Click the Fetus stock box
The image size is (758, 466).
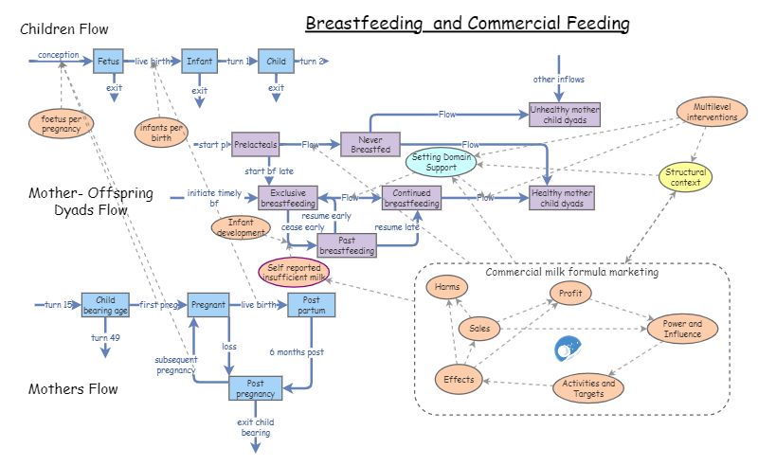[x=108, y=62]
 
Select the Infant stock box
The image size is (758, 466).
[x=199, y=62]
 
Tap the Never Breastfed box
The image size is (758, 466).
[x=370, y=144]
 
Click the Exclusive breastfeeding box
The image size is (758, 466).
[x=288, y=198]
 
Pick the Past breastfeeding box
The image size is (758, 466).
[x=347, y=245]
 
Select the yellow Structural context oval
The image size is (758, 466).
[x=685, y=176]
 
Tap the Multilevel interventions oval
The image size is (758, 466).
[x=709, y=113]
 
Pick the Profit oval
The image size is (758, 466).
[x=570, y=294]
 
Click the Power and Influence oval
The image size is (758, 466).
[x=681, y=329]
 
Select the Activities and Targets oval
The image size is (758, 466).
[x=588, y=388]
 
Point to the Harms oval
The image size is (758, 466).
[x=446, y=287]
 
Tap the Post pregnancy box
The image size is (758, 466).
[x=256, y=387]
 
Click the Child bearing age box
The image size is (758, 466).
[x=105, y=305]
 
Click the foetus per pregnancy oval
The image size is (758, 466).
[x=62, y=122]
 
